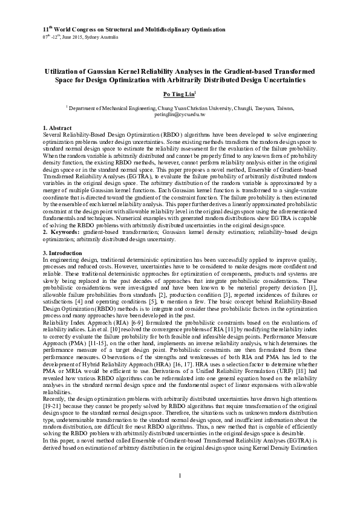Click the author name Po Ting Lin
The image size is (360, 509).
tap(180, 95)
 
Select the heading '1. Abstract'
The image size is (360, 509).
tap(57, 128)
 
